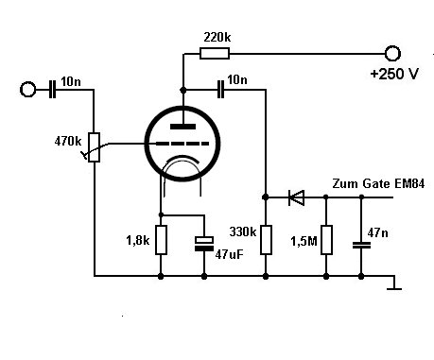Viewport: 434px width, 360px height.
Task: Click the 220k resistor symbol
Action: (215, 54)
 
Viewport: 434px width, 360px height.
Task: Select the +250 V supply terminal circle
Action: (392, 53)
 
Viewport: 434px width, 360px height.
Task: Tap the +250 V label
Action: (394, 74)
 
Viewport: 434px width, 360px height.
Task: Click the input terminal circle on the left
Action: (27, 90)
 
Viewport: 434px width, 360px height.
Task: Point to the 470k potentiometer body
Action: (94, 147)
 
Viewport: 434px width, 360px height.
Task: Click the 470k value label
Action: (68, 141)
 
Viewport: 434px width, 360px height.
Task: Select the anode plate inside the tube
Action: (182, 127)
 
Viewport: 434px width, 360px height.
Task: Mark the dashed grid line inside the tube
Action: (182, 144)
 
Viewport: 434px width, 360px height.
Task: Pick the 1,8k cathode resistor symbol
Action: (161, 240)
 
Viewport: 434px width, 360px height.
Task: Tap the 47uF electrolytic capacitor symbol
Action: (204, 244)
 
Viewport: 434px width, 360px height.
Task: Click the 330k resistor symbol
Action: (266, 240)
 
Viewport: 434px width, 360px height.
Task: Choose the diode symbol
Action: (296, 197)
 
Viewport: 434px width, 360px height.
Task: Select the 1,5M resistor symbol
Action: (326, 240)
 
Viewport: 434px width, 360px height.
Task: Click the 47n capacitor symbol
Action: (361, 245)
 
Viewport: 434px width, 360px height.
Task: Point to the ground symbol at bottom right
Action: (394, 283)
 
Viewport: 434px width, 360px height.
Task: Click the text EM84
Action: (409, 183)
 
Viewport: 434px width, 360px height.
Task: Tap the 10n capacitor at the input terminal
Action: (52, 90)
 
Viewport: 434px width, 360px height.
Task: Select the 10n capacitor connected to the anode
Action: (221, 90)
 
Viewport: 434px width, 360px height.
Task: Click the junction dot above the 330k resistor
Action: (266, 197)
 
